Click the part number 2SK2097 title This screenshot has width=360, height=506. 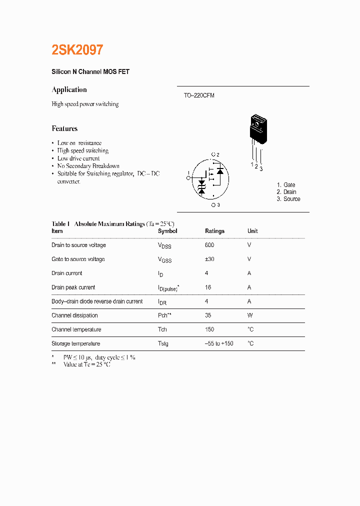tap(77, 50)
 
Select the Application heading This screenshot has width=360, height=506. tap(69, 90)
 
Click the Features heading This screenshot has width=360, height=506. tap(64, 128)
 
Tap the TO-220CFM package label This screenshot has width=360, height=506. tap(198, 95)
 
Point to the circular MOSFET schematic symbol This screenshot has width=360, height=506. tap(210, 179)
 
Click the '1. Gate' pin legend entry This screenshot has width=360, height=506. tap(286, 185)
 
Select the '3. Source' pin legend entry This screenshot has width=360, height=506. tap(288, 199)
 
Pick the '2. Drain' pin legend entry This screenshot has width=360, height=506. tap(286, 192)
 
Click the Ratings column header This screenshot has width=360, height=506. tap(214, 231)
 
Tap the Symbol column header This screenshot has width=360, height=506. tap(167, 231)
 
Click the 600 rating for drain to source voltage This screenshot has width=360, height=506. tap(209, 245)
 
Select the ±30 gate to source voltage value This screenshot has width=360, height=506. tap(209, 259)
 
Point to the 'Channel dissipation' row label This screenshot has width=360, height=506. tap(74, 315)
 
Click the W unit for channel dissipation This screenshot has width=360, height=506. tap(250, 315)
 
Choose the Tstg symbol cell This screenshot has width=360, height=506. tap(163, 344)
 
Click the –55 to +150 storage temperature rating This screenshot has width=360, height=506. tap(219, 343)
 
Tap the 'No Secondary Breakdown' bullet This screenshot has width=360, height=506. tap(88, 166)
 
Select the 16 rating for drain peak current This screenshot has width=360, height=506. tap(208, 287)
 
